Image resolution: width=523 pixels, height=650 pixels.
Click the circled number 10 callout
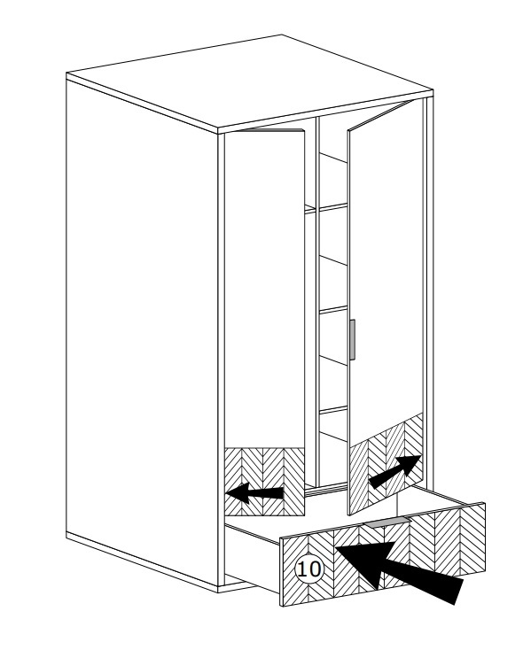pos(308,569)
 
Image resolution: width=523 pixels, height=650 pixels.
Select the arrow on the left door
pos(254,493)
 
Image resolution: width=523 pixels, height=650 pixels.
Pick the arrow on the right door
pos(394,472)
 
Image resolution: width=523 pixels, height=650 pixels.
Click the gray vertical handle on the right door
pos(353,339)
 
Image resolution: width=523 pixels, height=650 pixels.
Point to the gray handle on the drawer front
pos(386,522)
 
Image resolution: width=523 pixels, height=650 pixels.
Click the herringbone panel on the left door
pos(264,482)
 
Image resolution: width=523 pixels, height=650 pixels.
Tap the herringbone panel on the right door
pos(386,463)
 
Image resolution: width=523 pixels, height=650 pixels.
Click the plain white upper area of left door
pos(264,290)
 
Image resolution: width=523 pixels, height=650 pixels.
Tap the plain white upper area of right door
pos(386,269)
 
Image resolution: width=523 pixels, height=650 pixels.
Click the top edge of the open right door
pos(381,115)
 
